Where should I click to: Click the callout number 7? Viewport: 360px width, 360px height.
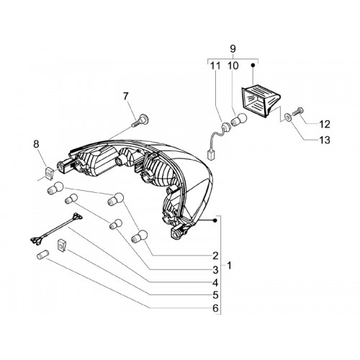pyautogui.click(x=126, y=96)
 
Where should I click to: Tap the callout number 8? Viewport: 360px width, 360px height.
pyautogui.click(x=36, y=144)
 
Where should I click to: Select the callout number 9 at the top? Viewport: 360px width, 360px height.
pyautogui.click(x=233, y=49)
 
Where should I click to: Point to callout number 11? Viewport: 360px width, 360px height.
pyautogui.click(x=215, y=66)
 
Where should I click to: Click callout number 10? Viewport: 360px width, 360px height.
pyautogui.click(x=233, y=66)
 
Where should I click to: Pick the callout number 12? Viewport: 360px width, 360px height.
pyautogui.click(x=325, y=125)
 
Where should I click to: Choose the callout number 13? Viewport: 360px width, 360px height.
pyautogui.click(x=325, y=140)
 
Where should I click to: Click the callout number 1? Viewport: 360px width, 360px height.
pyautogui.click(x=229, y=266)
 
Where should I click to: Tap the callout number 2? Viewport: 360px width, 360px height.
pyautogui.click(x=215, y=256)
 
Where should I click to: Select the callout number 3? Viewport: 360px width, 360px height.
pyautogui.click(x=215, y=270)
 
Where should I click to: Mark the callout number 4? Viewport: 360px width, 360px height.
pyautogui.click(x=215, y=283)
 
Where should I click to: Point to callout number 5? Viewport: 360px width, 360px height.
pyautogui.click(x=215, y=295)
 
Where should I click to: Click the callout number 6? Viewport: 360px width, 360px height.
pyautogui.click(x=215, y=308)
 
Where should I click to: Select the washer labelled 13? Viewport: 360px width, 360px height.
pyautogui.click(x=287, y=117)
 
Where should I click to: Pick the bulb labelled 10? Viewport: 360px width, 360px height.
pyautogui.click(x=239, y=120)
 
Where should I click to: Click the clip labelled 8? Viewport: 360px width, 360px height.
pyautogui.click(x=49, y=173)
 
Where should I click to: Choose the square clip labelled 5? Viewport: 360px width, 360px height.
pyautogui.click(x=62, y=245)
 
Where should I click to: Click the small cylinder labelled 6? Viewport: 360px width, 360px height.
pyautogui.click(x=42, y=254)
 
